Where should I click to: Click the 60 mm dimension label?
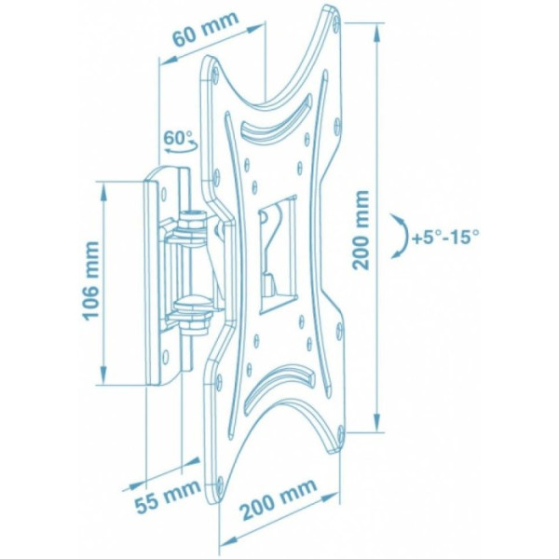[x=205, y=29]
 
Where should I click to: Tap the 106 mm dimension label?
[x=90, y=279]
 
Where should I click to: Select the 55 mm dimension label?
[x=167, y=495]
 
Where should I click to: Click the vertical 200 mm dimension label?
[x=361, y=230]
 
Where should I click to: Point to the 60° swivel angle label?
[x=178, y=138]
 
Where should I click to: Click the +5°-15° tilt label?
[x=445, y=238]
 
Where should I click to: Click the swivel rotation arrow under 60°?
[x=182, y=148]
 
